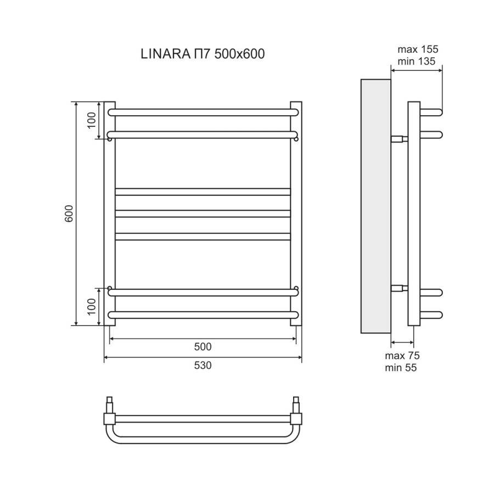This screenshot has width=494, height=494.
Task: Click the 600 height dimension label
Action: pos(69,214)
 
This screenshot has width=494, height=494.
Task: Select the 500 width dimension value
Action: pos(203,346)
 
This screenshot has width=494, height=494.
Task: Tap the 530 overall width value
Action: pos(203,366)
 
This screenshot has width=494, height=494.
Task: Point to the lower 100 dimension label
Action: pos(91,307)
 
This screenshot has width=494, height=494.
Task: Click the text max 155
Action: pos(418,49)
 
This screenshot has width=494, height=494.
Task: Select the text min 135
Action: pos(417,61)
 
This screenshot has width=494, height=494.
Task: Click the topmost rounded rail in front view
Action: pos(203,112)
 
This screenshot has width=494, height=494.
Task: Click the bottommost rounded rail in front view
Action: pos(203,315)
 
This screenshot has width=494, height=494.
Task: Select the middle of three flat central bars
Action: pos(203,214)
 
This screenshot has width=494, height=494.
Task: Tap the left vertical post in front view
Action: pos(110,214)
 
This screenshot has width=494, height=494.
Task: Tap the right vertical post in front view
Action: pos(296,214)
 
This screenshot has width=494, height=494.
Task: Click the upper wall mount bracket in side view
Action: pos(399,139)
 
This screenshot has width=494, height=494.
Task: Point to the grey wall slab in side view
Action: pos(375,206)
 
